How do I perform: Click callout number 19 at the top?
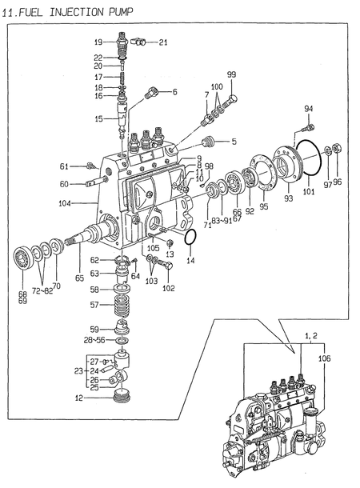click(x=98, y=42)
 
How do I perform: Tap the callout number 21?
click(x=163, y=42)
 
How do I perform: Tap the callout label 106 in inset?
click(x=324, y=359)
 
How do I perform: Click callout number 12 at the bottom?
click(x=79, y=398)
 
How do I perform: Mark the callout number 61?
click(x=65, y=166)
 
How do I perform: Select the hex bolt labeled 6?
click(x=151, y=94)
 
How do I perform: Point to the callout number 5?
click(x=234, y=142)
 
